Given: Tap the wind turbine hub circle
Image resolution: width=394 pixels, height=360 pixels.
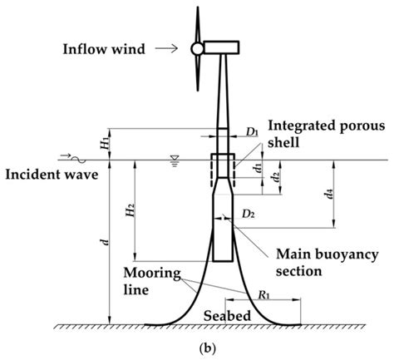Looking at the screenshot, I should [x=196, y=49].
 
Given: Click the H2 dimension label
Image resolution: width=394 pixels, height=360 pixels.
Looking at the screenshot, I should [x=131, y=215].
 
